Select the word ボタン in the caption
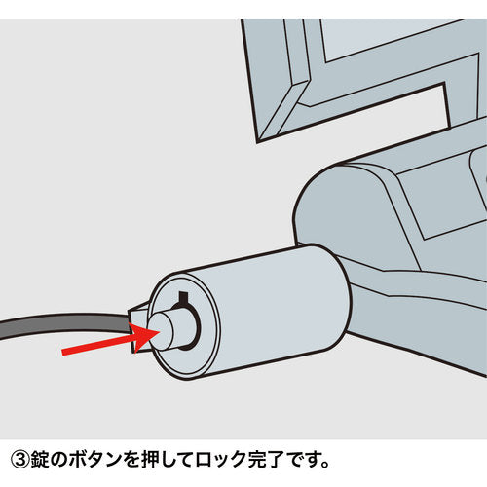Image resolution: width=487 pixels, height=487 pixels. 93,456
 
